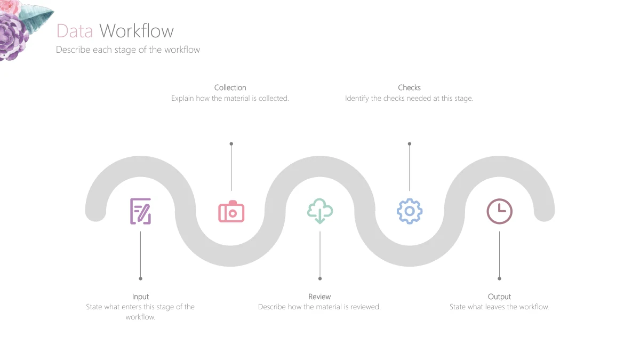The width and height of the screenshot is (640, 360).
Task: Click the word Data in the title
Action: (x=75, y=31)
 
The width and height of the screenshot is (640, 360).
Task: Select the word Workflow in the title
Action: (x=137, y=31)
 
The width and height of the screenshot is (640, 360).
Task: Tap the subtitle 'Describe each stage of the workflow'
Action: (x=128, y=50)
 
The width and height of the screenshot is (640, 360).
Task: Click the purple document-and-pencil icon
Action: (x=141, y=211)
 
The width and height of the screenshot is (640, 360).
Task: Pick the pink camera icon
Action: (x=231, y=211)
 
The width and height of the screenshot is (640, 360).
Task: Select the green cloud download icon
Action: (x=320, y=211)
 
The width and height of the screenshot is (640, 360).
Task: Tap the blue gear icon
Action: (x=410, y=211)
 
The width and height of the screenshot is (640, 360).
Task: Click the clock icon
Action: (x=499, y=211)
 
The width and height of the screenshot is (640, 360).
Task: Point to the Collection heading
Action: (x=230, y=87)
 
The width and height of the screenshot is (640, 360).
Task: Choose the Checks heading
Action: (x=410, y=87)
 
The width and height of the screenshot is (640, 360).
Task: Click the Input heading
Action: (x=141, y=297)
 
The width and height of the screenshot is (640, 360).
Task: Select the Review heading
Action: (x=319, y=297)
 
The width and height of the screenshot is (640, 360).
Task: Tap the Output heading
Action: (x=499, y=297)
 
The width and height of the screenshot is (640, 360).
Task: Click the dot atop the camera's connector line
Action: (x=231, y=143)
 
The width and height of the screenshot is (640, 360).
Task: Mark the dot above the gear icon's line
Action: (x=410, y=143)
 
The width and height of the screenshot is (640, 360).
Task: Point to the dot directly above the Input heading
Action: (x=141, y=278)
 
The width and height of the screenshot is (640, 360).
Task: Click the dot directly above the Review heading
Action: (x=320, y=278)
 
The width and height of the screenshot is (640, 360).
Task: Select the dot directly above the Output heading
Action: (x=499, y=278)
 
